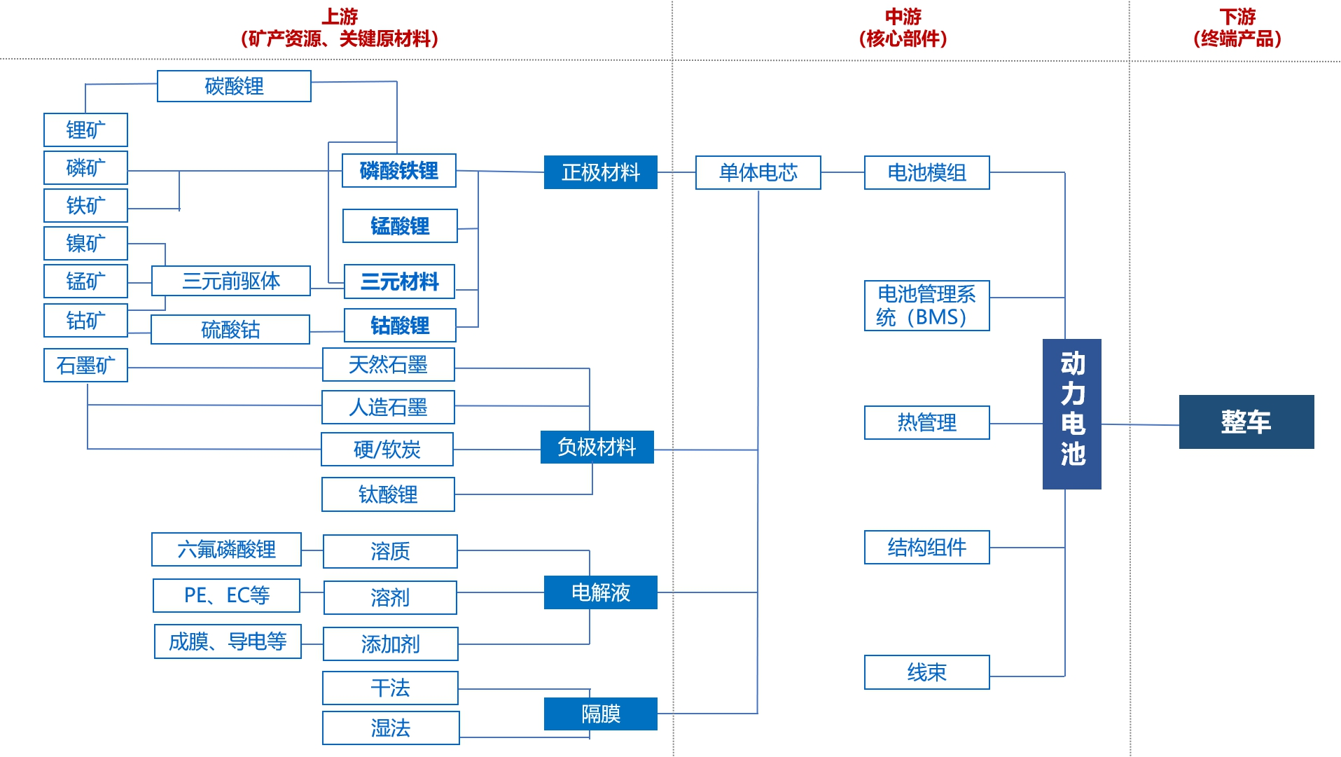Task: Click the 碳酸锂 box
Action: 234,86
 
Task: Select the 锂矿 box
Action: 85,130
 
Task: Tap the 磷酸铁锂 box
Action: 398,170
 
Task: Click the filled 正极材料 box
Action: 600,172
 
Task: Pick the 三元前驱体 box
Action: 230,281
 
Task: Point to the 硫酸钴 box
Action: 230,329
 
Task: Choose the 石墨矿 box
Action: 85,365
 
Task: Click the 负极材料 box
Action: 597,447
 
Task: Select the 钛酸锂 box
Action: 388,494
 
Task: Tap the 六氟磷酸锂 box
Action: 226,549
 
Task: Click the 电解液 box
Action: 600,592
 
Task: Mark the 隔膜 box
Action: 600,714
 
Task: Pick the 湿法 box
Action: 390,728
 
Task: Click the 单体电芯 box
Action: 758,172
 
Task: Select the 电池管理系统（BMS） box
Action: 926,305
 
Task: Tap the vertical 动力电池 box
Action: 1071,413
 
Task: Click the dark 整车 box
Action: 1246,422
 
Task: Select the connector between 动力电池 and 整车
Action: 1140,424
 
